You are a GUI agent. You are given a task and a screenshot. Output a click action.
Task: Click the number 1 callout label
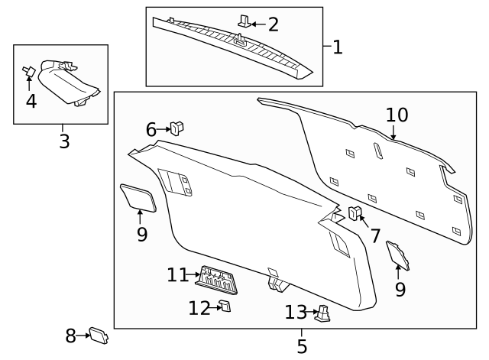click(337, 47)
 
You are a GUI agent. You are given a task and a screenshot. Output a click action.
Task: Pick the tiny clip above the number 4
click(28, 73)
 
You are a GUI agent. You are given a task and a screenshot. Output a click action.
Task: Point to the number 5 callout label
click(302, 346)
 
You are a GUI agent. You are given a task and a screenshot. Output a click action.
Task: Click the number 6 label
click(151, 130)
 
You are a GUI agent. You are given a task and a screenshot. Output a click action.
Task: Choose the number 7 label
click(374, 236)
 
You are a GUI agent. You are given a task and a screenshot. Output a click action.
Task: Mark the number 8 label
click(70, 336)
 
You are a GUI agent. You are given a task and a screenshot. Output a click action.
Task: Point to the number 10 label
click(397, 115)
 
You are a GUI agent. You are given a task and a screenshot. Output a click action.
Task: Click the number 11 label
click(177, 274)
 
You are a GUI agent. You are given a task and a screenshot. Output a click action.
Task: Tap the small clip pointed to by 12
click(225, 306)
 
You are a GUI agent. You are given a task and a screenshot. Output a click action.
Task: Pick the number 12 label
click(199, 308)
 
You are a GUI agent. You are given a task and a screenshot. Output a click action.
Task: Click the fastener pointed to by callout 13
click(324, 313)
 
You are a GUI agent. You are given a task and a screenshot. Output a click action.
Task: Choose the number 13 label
click(296, 312)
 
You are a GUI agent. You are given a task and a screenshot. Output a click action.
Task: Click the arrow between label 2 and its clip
click(257, 24)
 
